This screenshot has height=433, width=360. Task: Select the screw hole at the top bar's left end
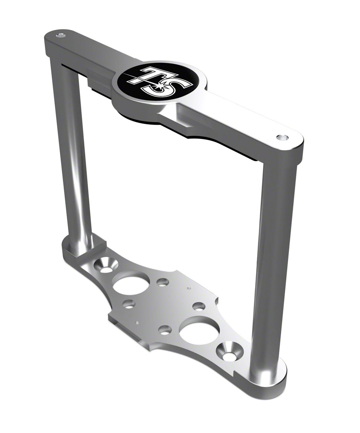(x=61, y=35)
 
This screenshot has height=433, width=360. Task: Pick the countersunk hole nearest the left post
(x=106, y=266)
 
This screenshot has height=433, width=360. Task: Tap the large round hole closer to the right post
(x=195, y=331)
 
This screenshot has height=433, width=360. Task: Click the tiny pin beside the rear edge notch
(x=189, y=289)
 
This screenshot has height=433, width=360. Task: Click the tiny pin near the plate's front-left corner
(x=137, y=322)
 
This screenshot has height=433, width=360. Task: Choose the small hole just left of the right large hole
(x=165, y=330)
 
